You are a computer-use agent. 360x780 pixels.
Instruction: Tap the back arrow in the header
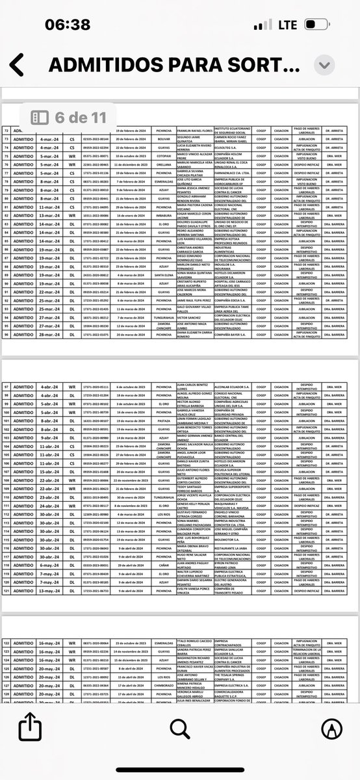click(x=17, y=65)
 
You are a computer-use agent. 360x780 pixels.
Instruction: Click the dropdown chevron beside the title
click(x=324, y=65)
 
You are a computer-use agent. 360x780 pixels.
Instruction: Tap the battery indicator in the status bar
click(x=317, y=25)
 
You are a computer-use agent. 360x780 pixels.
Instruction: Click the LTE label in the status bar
click(x=287, y=25)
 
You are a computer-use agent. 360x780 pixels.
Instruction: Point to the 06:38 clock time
click(x=68, y=25)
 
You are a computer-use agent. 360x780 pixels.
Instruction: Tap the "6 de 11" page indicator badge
click(x=68, y=118)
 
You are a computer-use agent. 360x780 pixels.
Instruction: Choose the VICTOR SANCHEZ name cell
click(x=192, y=317)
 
